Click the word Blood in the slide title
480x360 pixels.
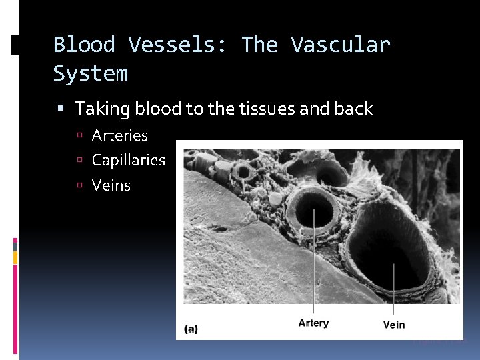[x=86, y=45]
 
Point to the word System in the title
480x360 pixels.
[x=90, y=74]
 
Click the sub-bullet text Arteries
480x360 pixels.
[x=120, y=135]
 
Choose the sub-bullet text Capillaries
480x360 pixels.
[x=128, y=160]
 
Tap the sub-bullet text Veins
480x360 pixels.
[x=111, y=185]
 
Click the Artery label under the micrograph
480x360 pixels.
[x=313, y=323]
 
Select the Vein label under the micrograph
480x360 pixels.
[x=394, y=325]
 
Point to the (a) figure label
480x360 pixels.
[x=191, y=328]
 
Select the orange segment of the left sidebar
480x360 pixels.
[x=15, y=257]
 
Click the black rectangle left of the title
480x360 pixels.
[x=15, y=45]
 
